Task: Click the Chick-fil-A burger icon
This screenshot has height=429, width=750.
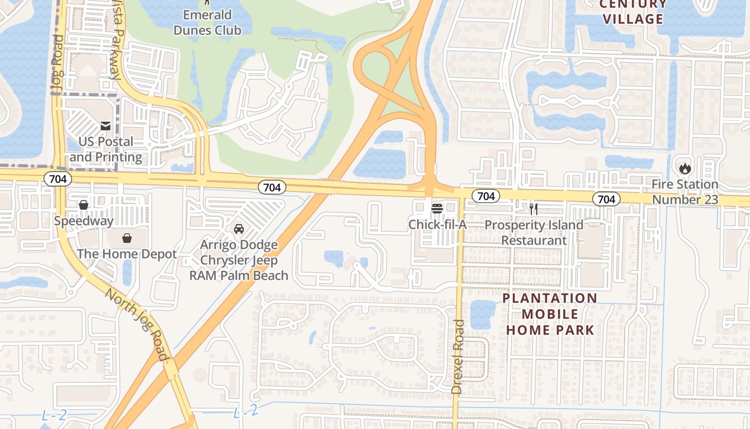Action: pyautogui.click(x=437, y=208)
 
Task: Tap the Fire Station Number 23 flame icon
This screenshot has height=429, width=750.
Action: pyautogui.click(x=685, y=168)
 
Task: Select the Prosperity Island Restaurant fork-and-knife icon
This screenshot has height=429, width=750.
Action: pyautogui.click(x=533, y=209)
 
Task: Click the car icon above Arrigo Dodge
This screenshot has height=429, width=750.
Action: pyautogui.click(x=239, y=229)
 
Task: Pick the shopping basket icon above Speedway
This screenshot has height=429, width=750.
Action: pyautogui.click(x=84, y=205)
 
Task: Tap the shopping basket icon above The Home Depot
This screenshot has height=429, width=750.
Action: pyautogui.click(x=127, y=238)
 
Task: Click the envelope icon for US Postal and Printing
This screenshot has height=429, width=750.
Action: pyautogui.click(x=106, y=126)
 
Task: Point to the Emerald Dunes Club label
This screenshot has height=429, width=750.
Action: pyautogui.click(x=207, y=23)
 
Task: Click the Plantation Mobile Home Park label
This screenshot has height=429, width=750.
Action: pyautogui.click(x=550, y=314)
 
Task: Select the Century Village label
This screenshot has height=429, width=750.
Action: pyautogui.click(x=633, y=12)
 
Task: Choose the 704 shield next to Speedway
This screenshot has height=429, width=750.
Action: pyautogui.click(x=58, y=179)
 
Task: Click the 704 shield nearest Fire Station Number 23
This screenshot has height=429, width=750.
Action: pyautogui.click(x=606, y=199)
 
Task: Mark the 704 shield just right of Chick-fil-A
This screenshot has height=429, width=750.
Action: pyautogui.click(x=486, y=196)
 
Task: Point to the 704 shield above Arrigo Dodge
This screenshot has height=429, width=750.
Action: pyautogui.click(x=272, y=187)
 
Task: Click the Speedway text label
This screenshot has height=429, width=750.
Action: pyautogui.click(x=84, y=221)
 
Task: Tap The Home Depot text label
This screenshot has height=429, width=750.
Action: pyautogui.click(x=127, y=254)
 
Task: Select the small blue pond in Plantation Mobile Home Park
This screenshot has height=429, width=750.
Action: pyautogui.click(x=483, y=314)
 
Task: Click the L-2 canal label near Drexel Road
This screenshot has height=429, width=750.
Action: pyautogui.click(x=246, y=411)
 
